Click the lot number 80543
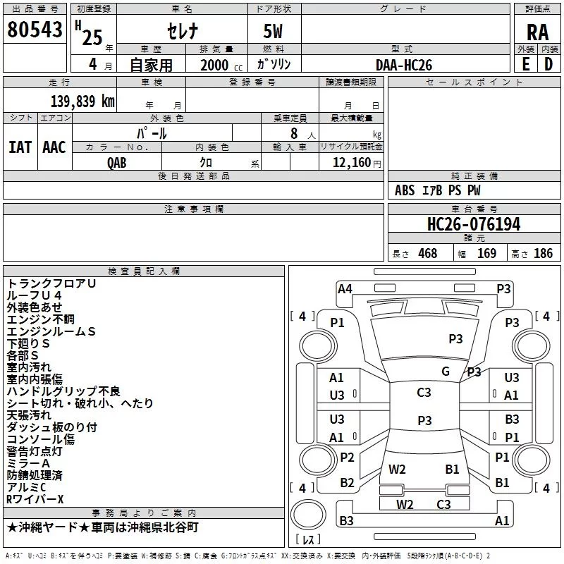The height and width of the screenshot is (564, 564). [x=34, y=31]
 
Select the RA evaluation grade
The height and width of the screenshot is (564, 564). [x=537, y=32]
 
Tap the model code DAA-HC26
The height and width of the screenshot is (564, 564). [x=404, y=65]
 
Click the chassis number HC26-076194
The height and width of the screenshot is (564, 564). [x=474, y=225]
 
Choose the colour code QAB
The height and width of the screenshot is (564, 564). [x=117, y=162]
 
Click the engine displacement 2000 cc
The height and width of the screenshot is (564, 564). [x=218, y=65]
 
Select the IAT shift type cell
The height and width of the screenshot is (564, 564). [x=20, y=147]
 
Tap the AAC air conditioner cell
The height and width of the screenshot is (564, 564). [x=54, y=147]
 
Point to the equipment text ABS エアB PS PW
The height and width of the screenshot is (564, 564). [x=437, y=190]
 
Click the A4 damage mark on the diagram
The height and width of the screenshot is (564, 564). [x=345, y=288]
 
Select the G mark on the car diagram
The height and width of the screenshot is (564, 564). [x=446, y=372]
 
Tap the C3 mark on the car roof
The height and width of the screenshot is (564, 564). [x=424, y=393]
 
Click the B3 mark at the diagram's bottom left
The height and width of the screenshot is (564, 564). [x=347, y=521]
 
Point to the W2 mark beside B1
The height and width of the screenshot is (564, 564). [x=397, y=469]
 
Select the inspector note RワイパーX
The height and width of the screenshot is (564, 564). [x=35, y=499]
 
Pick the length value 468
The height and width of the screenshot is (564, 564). [x=427, y=253]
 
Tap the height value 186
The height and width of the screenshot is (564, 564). [x=543, y=253]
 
